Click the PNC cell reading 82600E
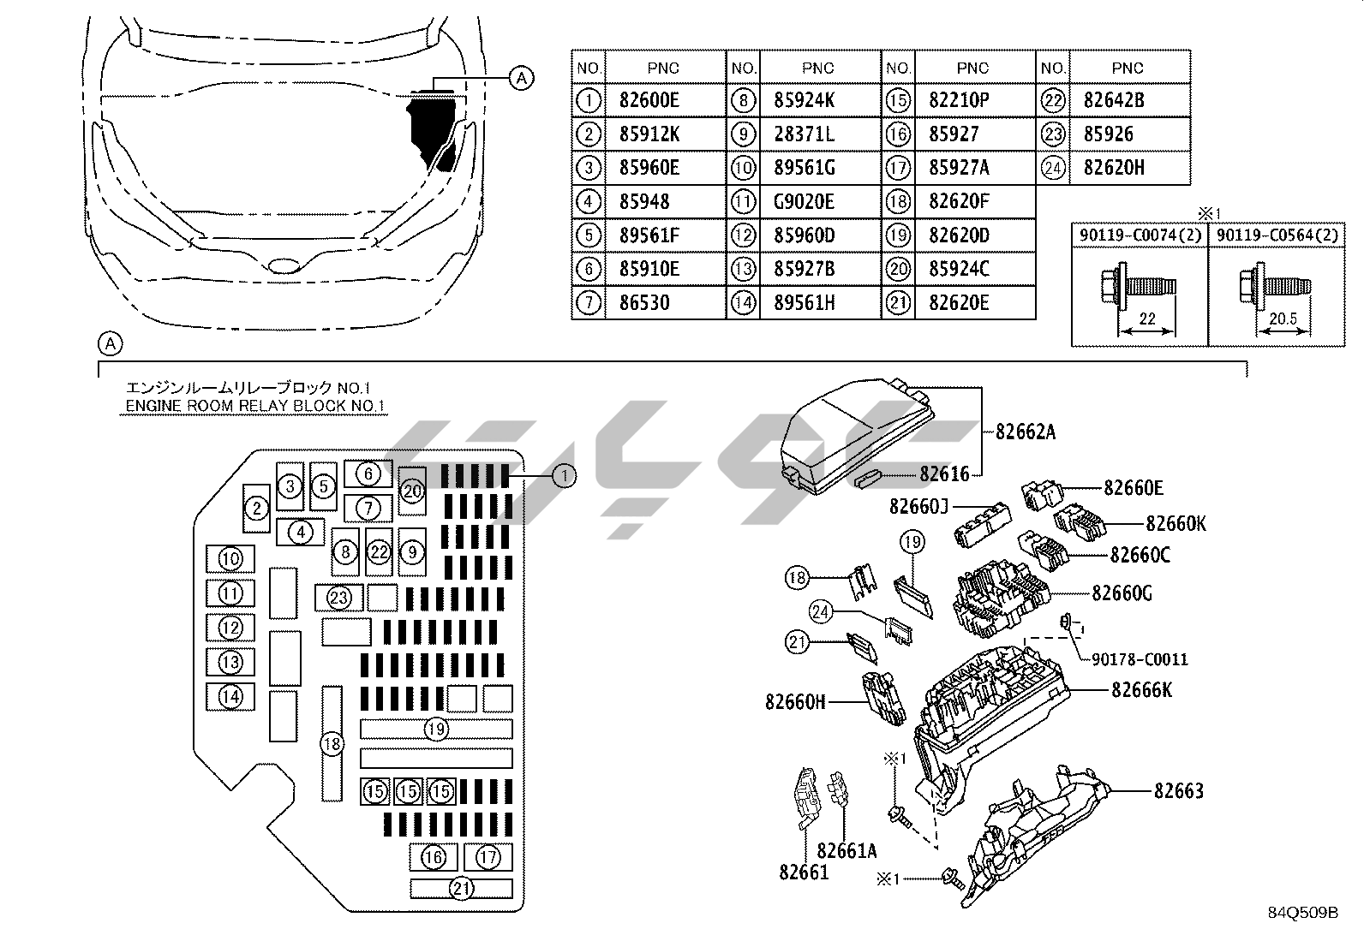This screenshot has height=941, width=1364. [x=649, y=100]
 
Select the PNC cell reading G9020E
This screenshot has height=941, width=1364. [x=803, y=201]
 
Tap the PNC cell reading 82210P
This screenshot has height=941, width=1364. [x=959, y=100]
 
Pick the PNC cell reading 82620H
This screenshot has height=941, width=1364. [x=1113, y=168]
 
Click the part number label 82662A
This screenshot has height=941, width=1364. [x=1025, y=432]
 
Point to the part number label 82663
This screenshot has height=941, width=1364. [x=1178, y=790]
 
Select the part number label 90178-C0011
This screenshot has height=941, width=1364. [x=1140, y=659]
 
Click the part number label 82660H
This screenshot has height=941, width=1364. [x=795, y=702]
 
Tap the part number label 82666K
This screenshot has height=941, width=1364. [x=1141, y=689]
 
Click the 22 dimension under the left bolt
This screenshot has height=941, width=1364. [x=1146, y=319]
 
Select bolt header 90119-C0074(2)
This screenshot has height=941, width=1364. [x=1140, y=235]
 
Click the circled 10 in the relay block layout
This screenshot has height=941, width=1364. [x=230, y=559]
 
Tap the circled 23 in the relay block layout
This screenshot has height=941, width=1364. [x=339, y=597]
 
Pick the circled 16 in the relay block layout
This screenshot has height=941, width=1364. [x=434, y=856]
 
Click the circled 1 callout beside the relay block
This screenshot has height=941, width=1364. [x=564, y=475]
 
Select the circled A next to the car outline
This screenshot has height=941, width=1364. [x=521, y=78]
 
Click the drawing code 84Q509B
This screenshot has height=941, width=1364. [x=1303, y=912]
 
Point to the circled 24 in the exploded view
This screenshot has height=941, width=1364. [x=821, y=611]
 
